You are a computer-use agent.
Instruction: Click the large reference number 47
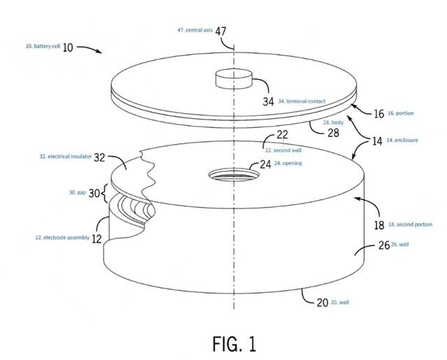point(221,31)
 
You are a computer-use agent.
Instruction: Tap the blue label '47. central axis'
point(195,30)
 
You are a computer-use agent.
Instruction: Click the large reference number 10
point(68,48)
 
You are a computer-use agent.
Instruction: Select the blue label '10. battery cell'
point(43,46)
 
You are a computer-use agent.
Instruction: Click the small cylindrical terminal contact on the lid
point(234,79)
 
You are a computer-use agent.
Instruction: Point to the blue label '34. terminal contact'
point(302,101)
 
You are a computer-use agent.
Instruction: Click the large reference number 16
point(379,114)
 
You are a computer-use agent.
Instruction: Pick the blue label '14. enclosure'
point(402,140)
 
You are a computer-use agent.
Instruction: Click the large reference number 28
point(333,133)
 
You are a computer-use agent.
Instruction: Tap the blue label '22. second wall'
point(283,150)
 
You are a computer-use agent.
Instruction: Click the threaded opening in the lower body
point(234,174)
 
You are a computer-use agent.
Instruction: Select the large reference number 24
point(265,164)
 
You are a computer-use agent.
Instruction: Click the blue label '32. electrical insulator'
point(65,157)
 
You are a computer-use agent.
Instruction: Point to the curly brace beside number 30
point(105,193)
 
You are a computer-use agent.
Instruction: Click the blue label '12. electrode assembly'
point(62,238)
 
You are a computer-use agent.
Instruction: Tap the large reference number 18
point(379,225)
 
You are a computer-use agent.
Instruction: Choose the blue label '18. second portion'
point(410,224)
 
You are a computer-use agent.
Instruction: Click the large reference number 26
point(384,245)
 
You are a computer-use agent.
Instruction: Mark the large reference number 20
point(323,303)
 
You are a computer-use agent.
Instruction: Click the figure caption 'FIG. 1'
point(235,344)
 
